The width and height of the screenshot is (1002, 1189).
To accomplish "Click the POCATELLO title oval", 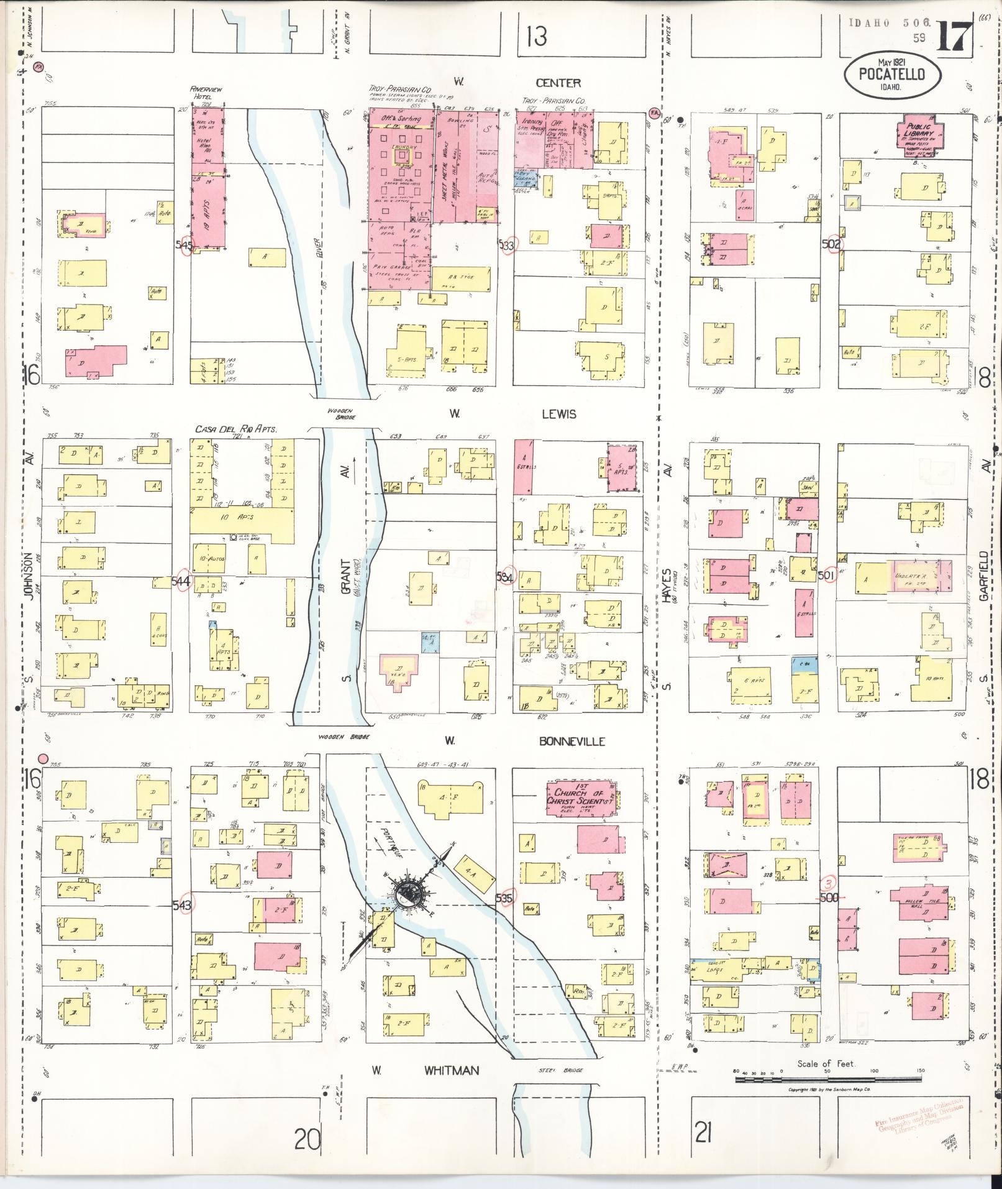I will (892, 76).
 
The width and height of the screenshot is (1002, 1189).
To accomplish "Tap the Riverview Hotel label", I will (206, 93).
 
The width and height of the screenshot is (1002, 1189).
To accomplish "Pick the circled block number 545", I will (186, 245).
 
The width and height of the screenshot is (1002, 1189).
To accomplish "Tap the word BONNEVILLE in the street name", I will (572, 741).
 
